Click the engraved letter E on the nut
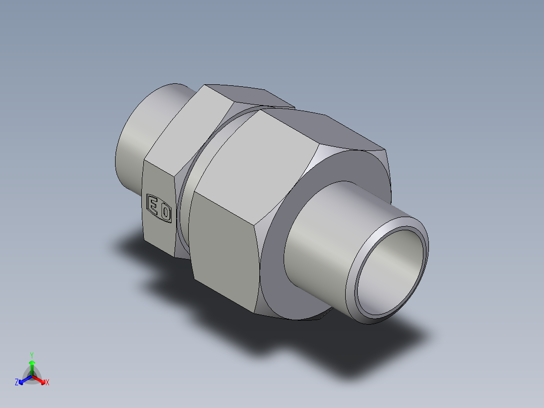coord(153,205)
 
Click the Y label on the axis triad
coord(32,355)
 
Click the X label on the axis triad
coord(47,383)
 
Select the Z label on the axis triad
coord(17,383)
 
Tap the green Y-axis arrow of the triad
coord(32,366)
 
